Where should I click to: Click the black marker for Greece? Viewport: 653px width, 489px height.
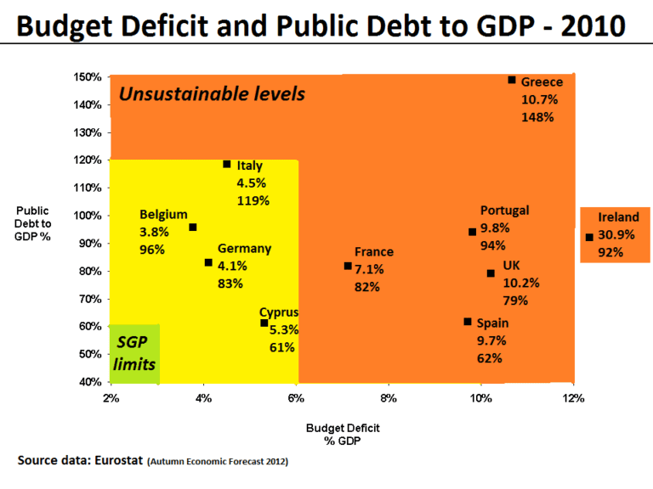pyautogui.click(x=512, y=80)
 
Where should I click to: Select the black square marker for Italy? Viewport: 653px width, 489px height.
pyautogui.click(x=227, y=164)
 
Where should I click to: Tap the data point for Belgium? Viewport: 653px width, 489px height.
pyautogui.click(x=193, y=228)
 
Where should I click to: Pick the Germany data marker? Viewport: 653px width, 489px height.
pyautogui.click(x=208, y=262)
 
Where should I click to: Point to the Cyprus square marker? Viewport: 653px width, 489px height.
pyautogui.click(x=264, y=323)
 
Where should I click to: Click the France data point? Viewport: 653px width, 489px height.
pyautogui.click(x=348, y=266)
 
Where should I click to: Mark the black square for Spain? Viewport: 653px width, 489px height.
pyautogui.click(x=468, y=322)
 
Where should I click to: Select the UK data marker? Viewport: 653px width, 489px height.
pyautogui.click(x=491, y=273)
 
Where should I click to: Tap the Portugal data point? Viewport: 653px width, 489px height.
pyautogui.click(x=473, y=232)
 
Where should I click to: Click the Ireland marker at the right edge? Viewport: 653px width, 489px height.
pyautogui.click(x=589, y=237)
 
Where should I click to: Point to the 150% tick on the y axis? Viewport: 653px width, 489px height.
pyautogui.click(x=88, y=77)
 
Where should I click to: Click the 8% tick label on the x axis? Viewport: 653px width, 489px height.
pyautogui.click(x=389, y=398)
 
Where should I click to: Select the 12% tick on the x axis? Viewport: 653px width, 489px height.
pyautogui.click(x=574, y=398)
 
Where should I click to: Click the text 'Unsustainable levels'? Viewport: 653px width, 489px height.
pyautogui.click(x=211, y=93)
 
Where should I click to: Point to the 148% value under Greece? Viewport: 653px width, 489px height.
pyautogui.click(x=537, y=116)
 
